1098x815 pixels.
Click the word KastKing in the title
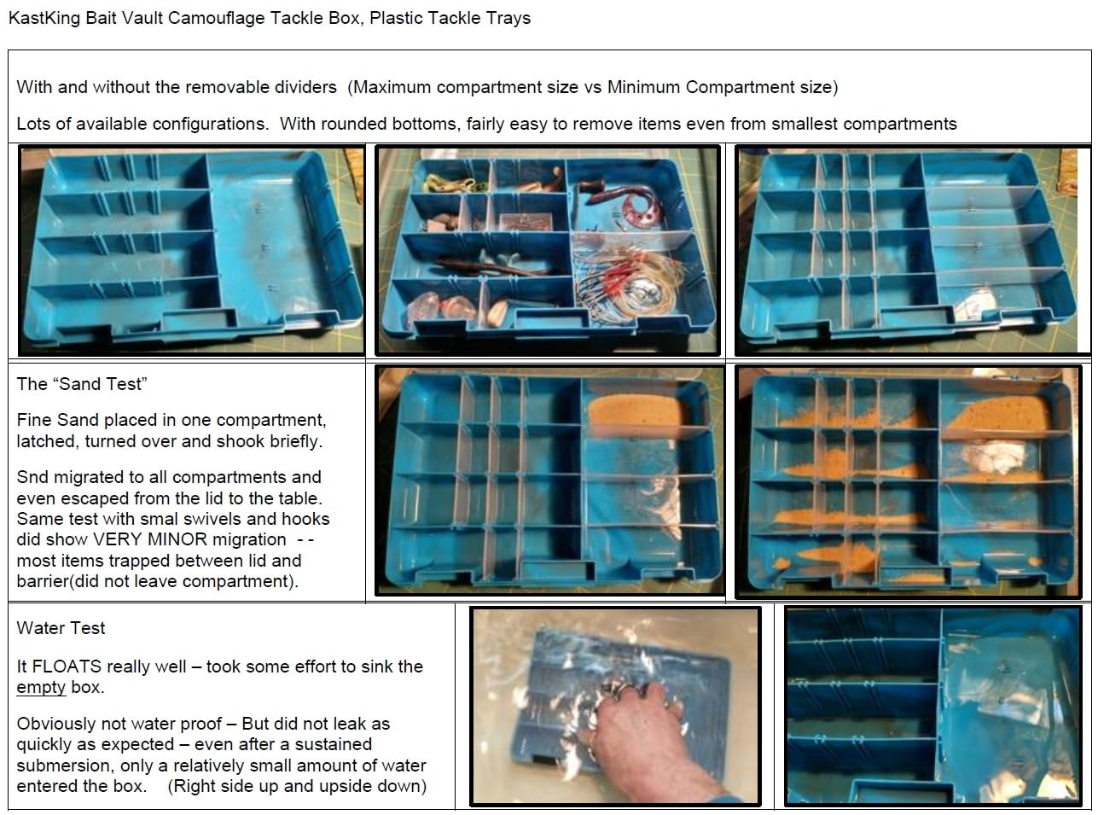click(44, 18)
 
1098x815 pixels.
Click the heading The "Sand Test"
click(82, 384)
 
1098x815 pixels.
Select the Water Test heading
click(61, 628)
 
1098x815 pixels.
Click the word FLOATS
click(67, 667)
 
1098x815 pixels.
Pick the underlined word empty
click(41, 688)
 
